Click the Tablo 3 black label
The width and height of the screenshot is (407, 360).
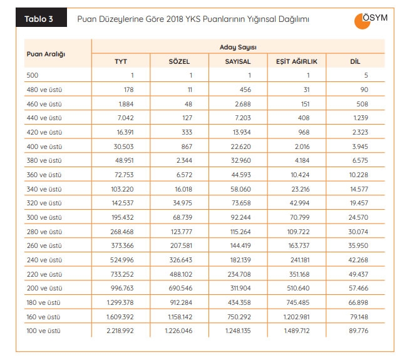[39, 19]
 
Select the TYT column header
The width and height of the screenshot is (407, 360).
[120, 61]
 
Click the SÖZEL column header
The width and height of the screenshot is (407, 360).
[179, 61]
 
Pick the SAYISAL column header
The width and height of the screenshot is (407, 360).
[238, 61]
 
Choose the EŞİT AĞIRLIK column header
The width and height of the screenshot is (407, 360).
[297, 61]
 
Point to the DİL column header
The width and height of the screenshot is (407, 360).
[356, 61]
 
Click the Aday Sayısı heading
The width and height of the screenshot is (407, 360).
[238, 47]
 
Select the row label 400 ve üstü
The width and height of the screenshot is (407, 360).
[44, 147]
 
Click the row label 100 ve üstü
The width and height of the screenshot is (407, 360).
[44, 330]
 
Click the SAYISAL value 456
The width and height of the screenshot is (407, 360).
[245, 90]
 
